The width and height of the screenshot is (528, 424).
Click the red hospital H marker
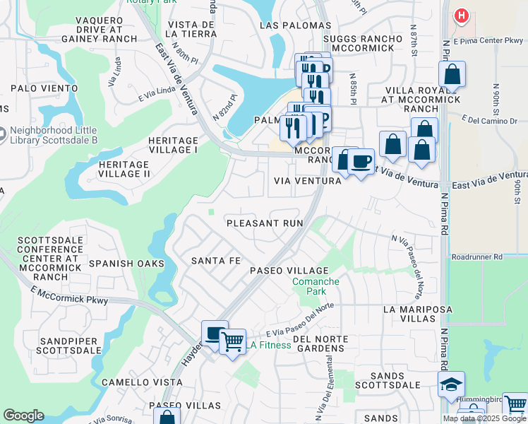[x=462, y=15]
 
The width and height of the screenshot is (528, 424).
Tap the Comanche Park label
[x=316, y=286]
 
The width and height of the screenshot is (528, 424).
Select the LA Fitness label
[x=268, y=346]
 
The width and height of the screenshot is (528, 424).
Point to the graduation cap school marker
[x=451, y=384]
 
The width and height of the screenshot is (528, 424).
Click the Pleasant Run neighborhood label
[x=265, y=223]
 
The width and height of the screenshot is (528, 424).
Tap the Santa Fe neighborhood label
[x=216, y=261]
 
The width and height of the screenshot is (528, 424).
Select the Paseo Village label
[x=290, y=271]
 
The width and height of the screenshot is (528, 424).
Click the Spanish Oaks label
[x=126, y=264]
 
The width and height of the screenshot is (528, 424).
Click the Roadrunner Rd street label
[x=477, y=257]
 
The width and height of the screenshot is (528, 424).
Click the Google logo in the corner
[x=23, y=416]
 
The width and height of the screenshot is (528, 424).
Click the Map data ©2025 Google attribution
[x=484, y=418]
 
